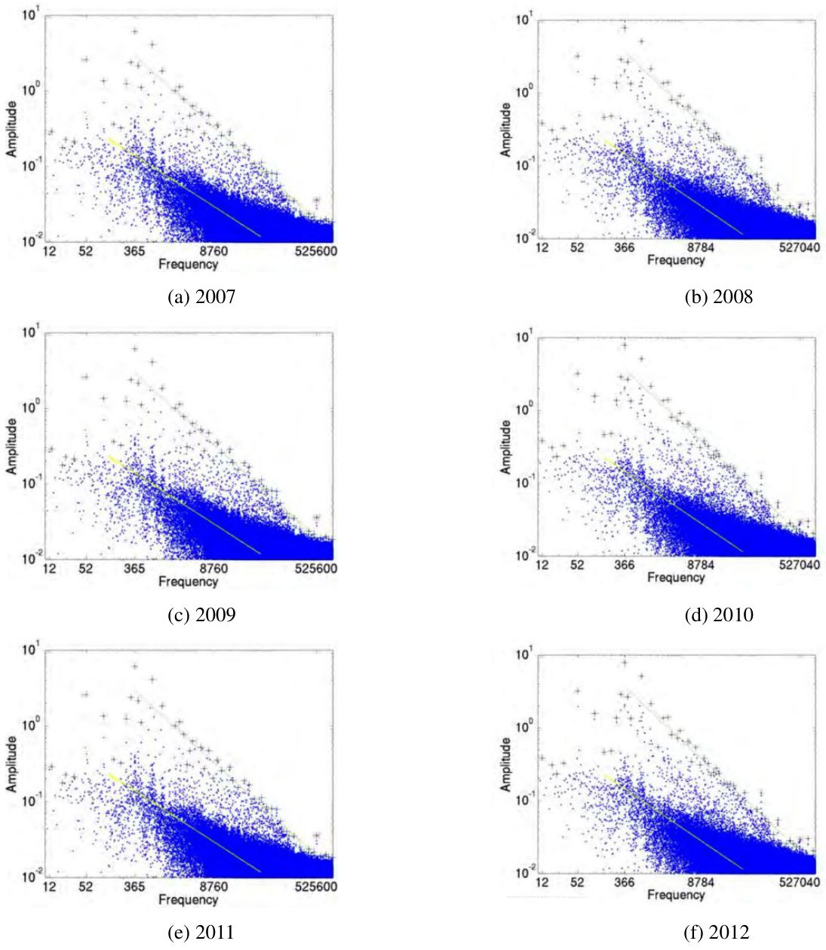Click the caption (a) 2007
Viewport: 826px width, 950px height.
pyautogui.click(x=201, y=297)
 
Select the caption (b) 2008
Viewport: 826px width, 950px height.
pyautogui.click(x=718, y=297)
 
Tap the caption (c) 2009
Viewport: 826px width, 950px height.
pyautogui.click(x=201, y=615)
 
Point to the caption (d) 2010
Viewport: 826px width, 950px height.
pyautogui.click(x=718, y=615)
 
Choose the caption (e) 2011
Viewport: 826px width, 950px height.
pyautogui.click(x=200, y=933)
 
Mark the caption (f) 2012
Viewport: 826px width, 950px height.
pyautogui.click(x=718, y=933)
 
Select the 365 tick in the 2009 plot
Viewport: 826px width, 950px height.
pyautogui.click(x=136, y=568)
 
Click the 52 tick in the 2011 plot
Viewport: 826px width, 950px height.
pyautogui.click(x=85, y=887)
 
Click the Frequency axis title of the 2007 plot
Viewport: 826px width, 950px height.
pyautogui.click(x=188, y=264)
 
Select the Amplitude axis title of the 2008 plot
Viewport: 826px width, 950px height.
pyautogui.click(x=505, y=130)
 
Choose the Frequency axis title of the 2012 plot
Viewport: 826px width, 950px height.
pyautogui.click(x=675, y=895)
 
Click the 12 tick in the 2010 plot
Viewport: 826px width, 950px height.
pyautogui.click(x=542, y=565)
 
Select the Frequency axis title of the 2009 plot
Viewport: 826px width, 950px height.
pyautogui.click(x=188, y=581)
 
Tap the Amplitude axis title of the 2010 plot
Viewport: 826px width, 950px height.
pyautogui.click(x=505, y=447)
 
